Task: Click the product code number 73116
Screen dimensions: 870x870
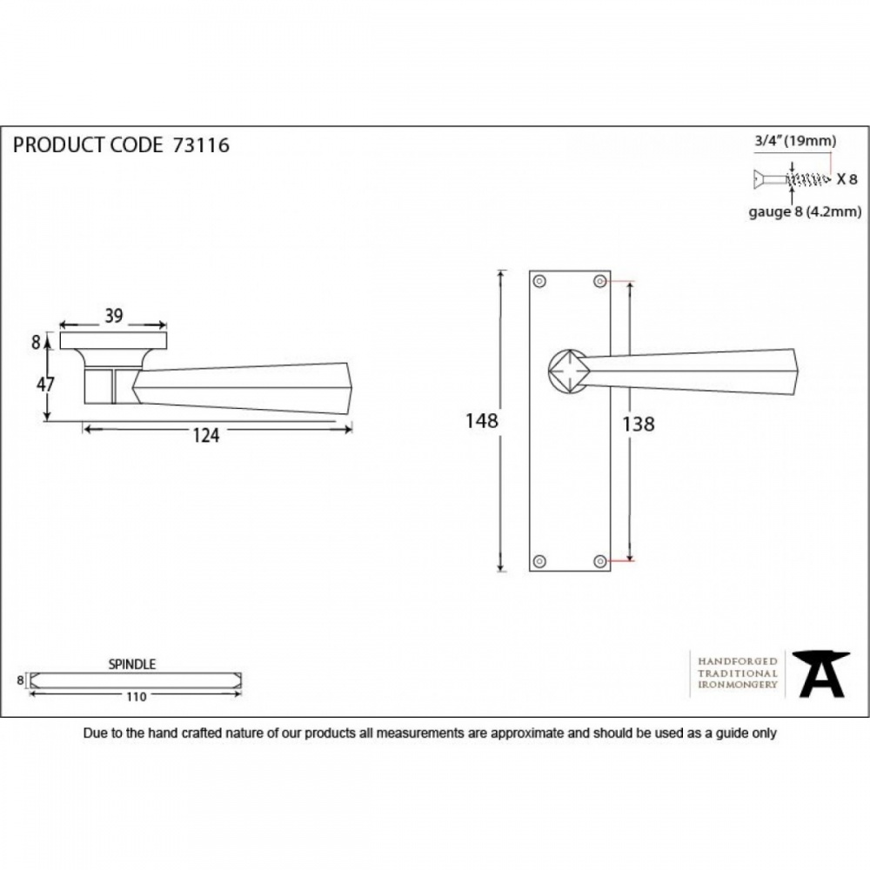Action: (201, 145)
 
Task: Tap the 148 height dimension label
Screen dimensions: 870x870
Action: (482, 421)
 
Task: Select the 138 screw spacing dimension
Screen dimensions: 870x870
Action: (638, 425)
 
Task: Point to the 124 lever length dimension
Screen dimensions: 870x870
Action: (206, 436)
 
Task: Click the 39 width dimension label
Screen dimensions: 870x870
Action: (114, 316)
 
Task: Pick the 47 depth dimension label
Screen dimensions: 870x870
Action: (45, 384)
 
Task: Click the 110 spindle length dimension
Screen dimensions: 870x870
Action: (136, 697)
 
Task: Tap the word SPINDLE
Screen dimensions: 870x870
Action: (132, 664)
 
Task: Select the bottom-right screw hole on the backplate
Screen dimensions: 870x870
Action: (599, 561)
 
